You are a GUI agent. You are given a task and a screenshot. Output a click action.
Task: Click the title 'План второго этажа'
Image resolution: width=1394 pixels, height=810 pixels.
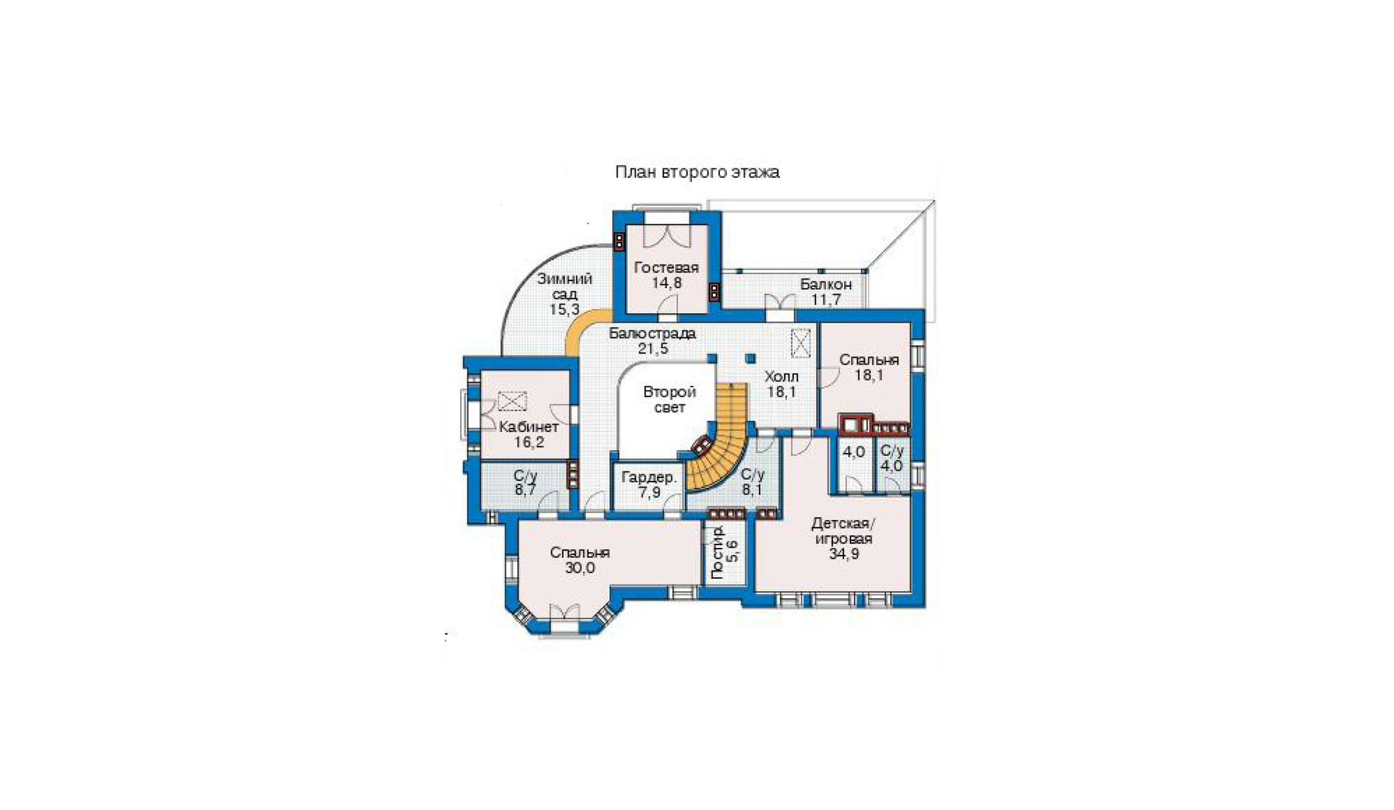point(697,172)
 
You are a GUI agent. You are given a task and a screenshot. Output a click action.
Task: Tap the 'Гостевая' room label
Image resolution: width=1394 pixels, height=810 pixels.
point(666,268)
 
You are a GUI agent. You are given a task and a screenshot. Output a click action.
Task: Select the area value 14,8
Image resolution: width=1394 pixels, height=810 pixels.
point(667,283)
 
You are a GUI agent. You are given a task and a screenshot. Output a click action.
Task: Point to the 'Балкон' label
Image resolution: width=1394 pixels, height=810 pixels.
point(826,284)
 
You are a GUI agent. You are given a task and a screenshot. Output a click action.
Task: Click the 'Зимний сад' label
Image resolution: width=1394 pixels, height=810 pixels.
point(565,286)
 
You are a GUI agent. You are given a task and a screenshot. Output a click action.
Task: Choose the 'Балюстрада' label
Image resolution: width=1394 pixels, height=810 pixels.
point(652,333)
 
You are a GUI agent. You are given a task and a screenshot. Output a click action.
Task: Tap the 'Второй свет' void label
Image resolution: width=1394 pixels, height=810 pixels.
point(670,399)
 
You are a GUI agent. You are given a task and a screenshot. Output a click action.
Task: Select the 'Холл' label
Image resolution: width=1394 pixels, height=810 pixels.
point(781,377)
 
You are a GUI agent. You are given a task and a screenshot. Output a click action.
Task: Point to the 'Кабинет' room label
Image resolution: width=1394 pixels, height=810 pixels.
point(529,427)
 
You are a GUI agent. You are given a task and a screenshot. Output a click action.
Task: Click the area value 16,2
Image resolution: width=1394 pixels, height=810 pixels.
point(529,442)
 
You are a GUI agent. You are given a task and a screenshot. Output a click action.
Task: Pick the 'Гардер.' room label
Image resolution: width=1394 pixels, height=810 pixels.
point(649,477)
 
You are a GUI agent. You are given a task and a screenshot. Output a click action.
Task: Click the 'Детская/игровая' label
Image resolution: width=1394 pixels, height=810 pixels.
point(843,531)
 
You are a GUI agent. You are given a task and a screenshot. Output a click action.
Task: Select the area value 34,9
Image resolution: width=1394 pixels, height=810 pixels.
point(844,554)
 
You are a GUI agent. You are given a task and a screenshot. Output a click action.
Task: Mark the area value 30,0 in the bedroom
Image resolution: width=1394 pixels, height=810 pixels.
point(580,568)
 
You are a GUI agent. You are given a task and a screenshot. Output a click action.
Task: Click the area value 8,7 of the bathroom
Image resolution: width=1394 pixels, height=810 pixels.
point(526,490)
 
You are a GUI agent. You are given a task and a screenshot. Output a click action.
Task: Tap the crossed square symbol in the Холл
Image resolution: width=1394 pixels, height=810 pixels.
point(800,343)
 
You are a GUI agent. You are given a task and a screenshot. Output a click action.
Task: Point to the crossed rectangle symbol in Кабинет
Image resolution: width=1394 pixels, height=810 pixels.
point(512,402)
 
